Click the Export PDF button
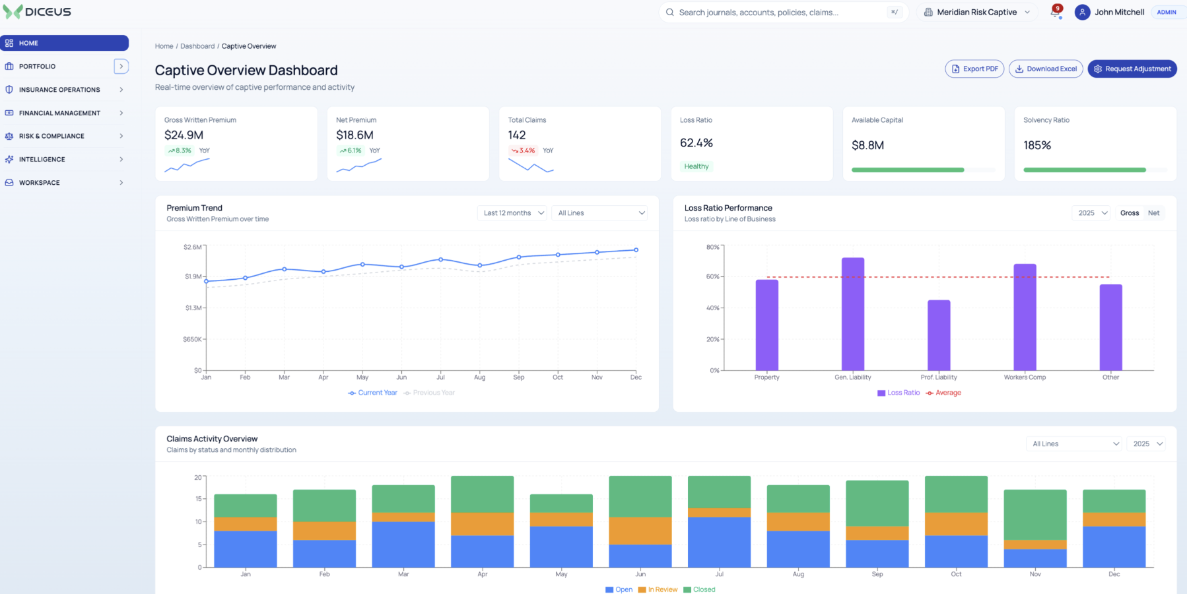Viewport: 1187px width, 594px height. point(974,69)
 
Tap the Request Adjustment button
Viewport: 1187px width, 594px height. point(1132,69)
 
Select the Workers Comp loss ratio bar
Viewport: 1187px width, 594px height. point(1025,317)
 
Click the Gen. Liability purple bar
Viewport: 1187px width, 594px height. point(853,313)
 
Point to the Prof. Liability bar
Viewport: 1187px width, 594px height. point(939,335)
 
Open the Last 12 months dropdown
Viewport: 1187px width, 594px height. point(512,213)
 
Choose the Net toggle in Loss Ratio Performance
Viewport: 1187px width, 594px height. point(1153,213)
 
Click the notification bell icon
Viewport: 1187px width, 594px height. point(1055,13)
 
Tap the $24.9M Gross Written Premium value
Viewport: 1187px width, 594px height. point(184,135)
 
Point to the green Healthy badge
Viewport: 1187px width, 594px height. point(696,166)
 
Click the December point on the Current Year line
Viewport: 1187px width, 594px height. point(636,250)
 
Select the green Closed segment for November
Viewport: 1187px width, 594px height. point(1035,515)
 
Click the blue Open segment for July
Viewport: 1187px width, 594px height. point(719,542)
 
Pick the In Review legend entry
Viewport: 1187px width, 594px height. point(658,589)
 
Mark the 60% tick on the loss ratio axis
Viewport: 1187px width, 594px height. point(722,277)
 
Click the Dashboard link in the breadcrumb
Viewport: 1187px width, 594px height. point(197,46)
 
